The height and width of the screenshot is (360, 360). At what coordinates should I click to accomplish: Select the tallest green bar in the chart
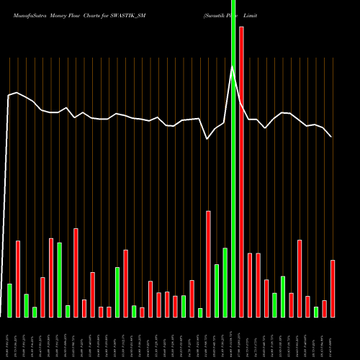233,158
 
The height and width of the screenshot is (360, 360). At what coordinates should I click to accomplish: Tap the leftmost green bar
9,300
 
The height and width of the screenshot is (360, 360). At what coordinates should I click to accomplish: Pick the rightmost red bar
333,288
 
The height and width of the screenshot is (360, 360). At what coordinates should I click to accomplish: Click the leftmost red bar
18,279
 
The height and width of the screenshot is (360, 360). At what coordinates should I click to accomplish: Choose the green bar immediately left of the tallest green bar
225,282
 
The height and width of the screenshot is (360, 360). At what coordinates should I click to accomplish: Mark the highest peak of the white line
233,67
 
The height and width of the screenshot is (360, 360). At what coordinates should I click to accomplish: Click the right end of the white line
331,136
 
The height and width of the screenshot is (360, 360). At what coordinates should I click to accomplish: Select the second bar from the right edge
324,308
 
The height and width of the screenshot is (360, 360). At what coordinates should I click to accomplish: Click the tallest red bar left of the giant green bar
208,264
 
